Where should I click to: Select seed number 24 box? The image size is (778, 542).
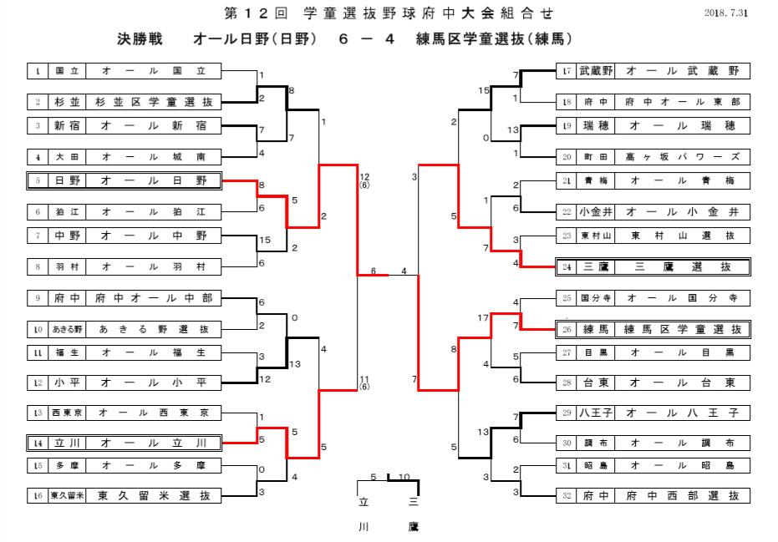coord(567,267)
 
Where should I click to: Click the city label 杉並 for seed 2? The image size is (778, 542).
coord(68,102)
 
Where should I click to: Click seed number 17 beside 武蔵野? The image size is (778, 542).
coord(567,71)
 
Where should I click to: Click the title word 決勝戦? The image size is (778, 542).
coord(140,39)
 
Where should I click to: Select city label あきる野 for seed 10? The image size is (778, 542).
coord(68,329)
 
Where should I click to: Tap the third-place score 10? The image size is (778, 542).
coord(404,477)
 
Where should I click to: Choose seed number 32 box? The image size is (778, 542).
coord(567,495)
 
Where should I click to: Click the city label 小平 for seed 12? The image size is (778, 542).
coord(68,382)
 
